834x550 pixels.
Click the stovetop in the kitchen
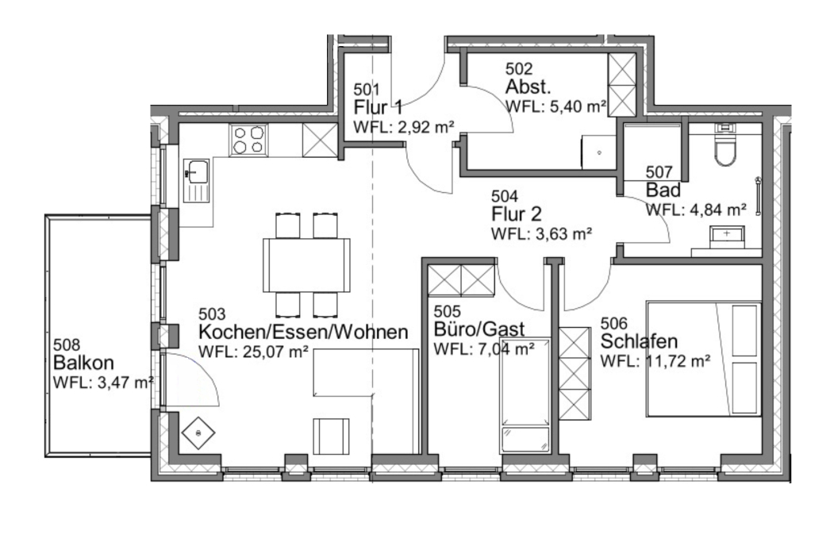point(248,140)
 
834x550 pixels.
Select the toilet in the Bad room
point(724,148)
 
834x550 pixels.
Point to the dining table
point(306,264)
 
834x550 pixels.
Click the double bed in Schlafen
point(703,357)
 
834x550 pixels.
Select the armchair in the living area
point(331,434)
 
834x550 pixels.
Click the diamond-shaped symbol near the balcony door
point(198,433)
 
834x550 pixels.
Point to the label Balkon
point(83,363)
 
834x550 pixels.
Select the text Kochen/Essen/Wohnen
point(303,333)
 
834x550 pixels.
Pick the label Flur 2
point(517,213)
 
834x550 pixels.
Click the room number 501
point(367,90)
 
